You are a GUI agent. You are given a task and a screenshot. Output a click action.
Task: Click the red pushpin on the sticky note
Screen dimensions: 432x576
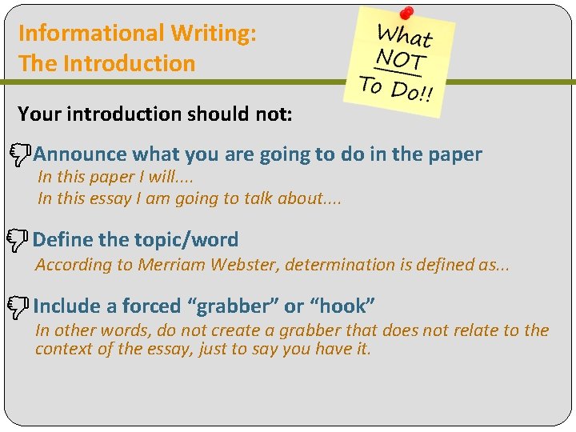point(406,14)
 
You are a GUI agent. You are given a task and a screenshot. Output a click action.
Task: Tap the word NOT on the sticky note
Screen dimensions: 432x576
point(402,59)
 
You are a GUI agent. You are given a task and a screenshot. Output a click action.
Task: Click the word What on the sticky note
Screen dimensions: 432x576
point(405,35)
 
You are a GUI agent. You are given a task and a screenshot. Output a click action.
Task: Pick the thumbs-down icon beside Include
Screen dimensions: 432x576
point(21,306)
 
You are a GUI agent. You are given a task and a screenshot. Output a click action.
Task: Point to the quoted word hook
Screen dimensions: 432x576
point(342,306)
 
